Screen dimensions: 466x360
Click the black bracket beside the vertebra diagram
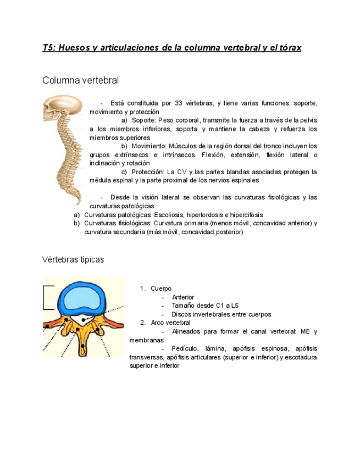48,298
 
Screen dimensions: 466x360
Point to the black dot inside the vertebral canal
81,320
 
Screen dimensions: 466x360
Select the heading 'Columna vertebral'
80,80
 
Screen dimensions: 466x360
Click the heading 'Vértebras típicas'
73,259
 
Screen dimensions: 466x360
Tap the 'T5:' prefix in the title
49,48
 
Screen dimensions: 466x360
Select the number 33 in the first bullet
179,103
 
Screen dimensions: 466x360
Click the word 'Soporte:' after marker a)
143,120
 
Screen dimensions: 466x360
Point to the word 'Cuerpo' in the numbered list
161,289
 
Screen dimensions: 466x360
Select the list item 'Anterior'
183,297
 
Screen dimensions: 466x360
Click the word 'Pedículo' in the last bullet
185,348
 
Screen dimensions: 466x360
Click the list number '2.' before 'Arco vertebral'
142,323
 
